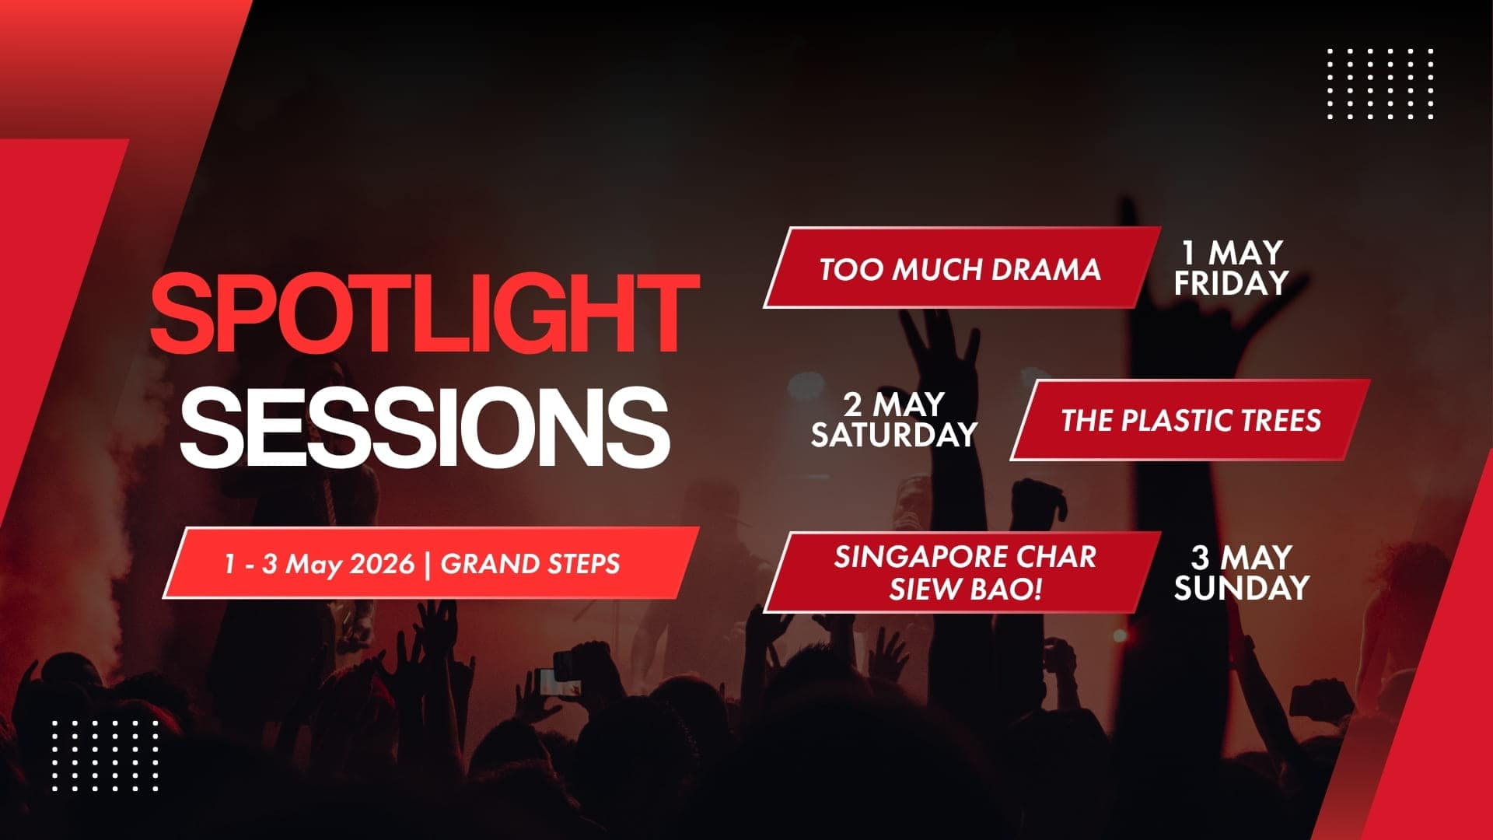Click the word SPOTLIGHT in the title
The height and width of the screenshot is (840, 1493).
pos(425,313)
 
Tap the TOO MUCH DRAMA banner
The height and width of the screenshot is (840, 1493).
pos(961,269)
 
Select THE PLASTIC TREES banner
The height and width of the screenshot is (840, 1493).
pos(1191,421)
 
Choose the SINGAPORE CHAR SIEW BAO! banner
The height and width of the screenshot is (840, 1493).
pos(964,573)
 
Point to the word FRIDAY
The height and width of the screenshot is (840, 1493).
pos(1231,284)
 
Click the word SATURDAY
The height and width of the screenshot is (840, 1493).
pos(893,435)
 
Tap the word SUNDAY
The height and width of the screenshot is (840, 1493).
pos(1241,588)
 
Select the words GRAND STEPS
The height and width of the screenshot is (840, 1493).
pos(530,564)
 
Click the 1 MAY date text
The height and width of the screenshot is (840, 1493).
pos(1233,253)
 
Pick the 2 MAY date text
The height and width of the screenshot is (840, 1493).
pos(894,404)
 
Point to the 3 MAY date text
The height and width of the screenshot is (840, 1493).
pos(1241,558)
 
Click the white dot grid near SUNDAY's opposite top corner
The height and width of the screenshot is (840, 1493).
pos(1379,84)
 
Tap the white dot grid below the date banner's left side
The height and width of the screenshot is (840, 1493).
pos(105,755)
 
